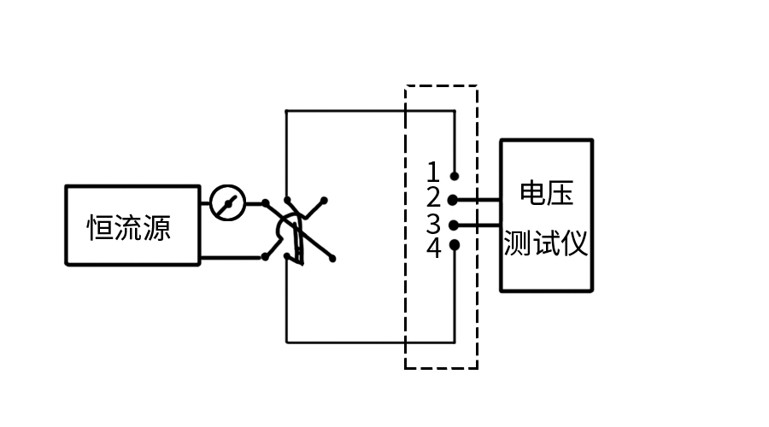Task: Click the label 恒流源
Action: click(x=130, y=228)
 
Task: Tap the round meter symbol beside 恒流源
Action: click(x=228, y=203)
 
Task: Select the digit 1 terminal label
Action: click(x=433, y=173)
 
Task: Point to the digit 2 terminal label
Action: click(x=433, y=198)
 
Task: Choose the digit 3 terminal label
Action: click(x=433, y=225)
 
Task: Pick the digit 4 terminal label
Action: click(x=433, y=249)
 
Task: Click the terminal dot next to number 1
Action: click(x=455, y=175)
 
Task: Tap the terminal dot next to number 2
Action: click(x=453, y=200)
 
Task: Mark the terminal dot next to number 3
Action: click(x=453, y=225)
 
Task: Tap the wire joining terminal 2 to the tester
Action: click(x=478, y=200)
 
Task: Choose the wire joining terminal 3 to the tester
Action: click(x=478, y=225)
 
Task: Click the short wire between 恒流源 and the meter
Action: click(x=205, y=203)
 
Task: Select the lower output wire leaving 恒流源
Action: click(x=231, y=256)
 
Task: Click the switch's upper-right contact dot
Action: click(x=325, y=201)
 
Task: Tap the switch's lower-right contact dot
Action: click(x=332, y=257)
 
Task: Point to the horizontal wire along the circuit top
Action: click(x=367, y=111)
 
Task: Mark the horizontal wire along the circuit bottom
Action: click(x=367, y=342)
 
